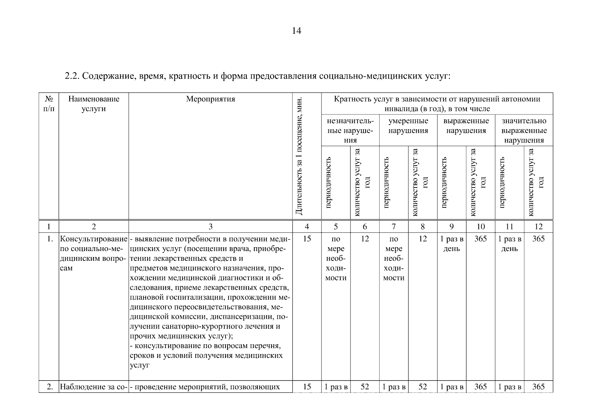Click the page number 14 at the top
[x=296, y=31]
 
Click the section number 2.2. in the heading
[x=73, y=76]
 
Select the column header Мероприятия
[x=210, y=99]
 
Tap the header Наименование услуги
[x=94, y=104]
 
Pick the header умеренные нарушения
[x=408, y=126]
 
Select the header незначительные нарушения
[x=350, y=130]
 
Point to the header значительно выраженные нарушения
[x=524, y=130]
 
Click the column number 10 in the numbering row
[x=480, y=227]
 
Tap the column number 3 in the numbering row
[x=210, y=227]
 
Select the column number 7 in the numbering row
[x=393, y=227]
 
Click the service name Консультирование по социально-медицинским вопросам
[x=94, y=253]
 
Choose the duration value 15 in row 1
[x=307, y=239]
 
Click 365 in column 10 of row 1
[x=480, y=239]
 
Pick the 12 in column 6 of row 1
[x=365, y=239]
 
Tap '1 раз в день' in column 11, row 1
[x=509, y=244]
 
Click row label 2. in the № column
[x=50, y=387]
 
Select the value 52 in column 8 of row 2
[x=422, y=387]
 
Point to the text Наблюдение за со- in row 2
[x=93, y=387]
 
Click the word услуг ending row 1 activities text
[x=139, y=365]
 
